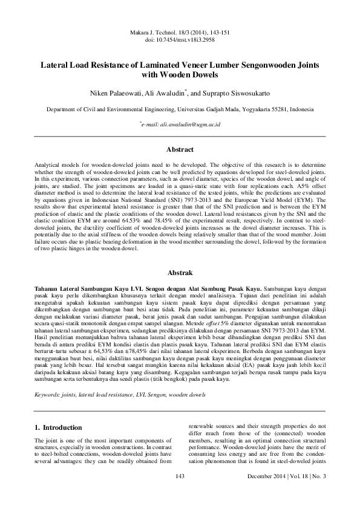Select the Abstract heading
180,149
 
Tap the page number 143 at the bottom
179,494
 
